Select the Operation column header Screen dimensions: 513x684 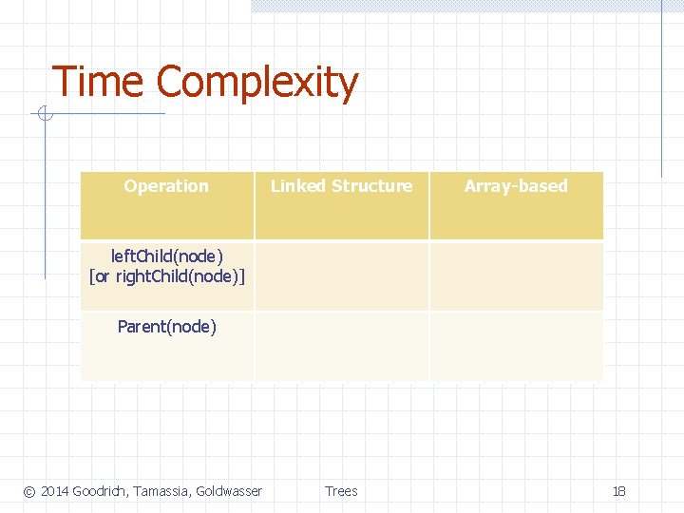point(166,186)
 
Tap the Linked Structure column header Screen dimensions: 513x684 point(341,186)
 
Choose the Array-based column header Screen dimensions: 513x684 point(516,186)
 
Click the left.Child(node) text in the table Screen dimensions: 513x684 point(167,256)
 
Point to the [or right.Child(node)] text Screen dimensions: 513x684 point(167,276)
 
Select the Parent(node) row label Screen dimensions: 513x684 point(167,327)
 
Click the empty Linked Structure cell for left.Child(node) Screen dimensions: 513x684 point(341,275)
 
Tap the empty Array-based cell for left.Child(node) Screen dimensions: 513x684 point(516,275)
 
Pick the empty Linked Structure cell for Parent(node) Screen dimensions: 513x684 point(341,346)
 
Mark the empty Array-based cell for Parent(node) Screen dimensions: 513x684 point(516,346)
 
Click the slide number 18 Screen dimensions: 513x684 point(619,491)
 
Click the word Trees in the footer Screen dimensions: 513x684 point(341,491)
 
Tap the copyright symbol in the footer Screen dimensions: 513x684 point(28,492)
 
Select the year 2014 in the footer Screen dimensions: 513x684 point(54,491)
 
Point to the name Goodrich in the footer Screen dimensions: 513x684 point(100,491)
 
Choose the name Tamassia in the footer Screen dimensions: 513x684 point(161,491)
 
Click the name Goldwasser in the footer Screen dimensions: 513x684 point(229,491)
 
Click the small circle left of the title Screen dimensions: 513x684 point(44,115)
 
